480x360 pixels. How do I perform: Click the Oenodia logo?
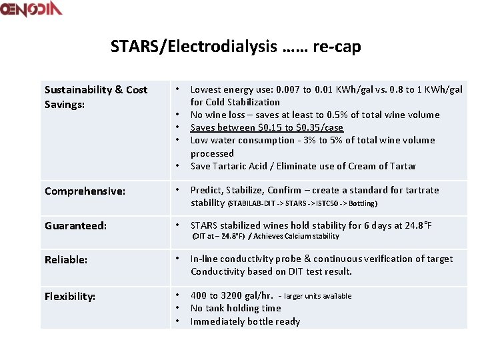click(x=31, y=9)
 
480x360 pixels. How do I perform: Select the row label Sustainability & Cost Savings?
click(x=95, y=97)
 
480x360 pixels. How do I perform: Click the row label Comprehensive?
click(x=85, y=191)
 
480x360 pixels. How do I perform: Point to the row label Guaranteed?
click(x=75, y=226)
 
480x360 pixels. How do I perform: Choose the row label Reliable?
click(x=66, y=260)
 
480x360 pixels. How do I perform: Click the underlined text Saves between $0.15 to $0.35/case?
click(x=267, y=127)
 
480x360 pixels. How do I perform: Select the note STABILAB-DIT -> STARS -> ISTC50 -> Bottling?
click(x=303, y=203)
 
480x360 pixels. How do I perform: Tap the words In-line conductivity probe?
click(x=247, y=259)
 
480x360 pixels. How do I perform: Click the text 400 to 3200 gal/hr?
click(x=232, y=295)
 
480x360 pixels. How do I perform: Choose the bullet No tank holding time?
click(x=235, y=308)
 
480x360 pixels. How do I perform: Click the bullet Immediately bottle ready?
click(x=245, y=321)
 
